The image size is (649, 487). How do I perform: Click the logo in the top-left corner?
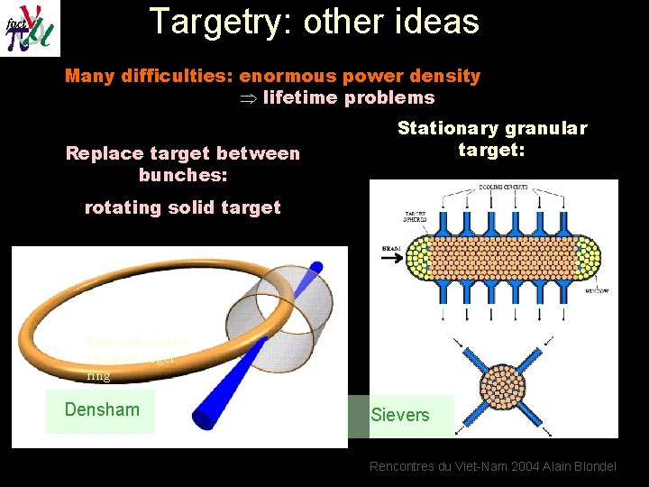[30, 27]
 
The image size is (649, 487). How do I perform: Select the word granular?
[549, 129]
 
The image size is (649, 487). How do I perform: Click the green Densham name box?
[101, 410]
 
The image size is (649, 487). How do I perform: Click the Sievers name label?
[400, 415]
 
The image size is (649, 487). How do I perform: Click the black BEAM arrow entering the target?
[394, 256]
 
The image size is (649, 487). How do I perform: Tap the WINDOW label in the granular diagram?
[595, 291]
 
